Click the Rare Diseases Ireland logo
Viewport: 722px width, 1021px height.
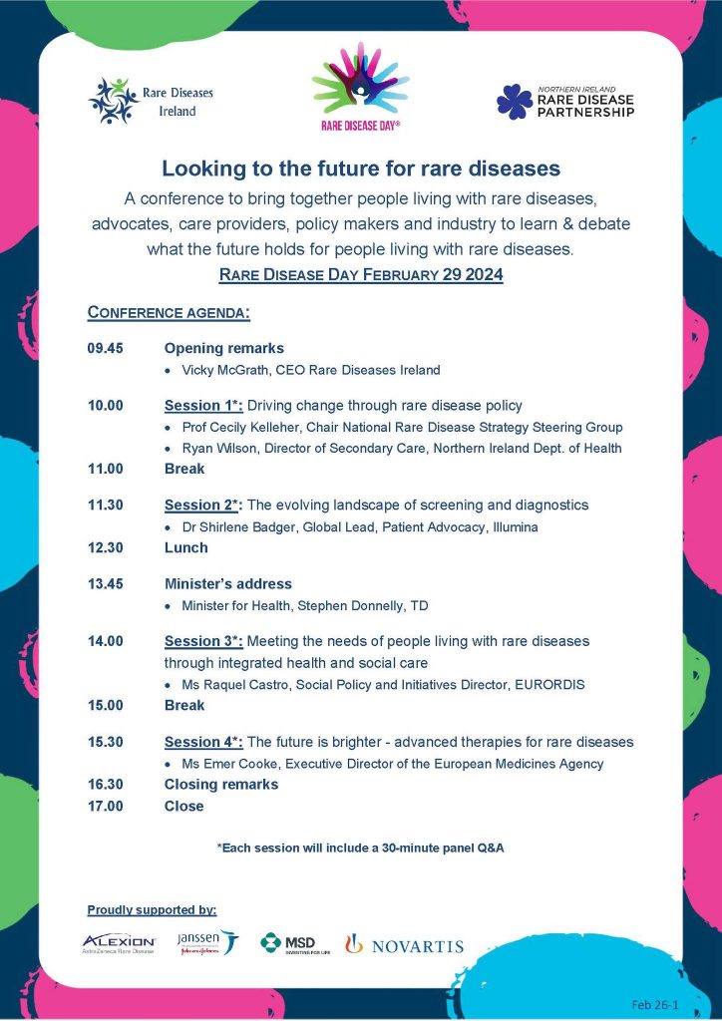point(151,101)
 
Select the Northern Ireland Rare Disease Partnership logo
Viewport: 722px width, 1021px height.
point(563,101)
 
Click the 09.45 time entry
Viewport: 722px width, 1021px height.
point(105,349)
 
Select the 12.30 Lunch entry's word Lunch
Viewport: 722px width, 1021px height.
point(186,547)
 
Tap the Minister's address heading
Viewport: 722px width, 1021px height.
point(228,584)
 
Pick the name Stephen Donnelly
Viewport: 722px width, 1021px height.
point(355,605)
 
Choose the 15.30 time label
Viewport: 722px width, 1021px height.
point(105,742)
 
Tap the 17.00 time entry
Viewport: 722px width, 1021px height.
point(105,806)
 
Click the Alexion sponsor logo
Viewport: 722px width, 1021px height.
point(119,943)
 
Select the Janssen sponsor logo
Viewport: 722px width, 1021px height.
point(206,942)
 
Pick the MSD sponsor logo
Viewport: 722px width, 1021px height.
point(288,943)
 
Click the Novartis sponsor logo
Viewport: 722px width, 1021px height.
point(404,944)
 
